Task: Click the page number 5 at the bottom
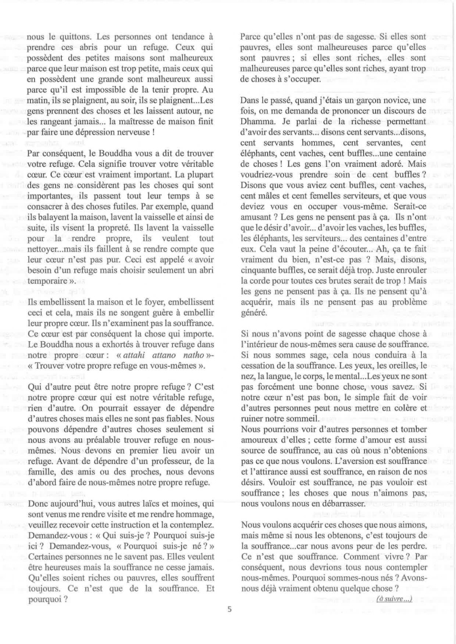pyautogui.click(x=229, y=609)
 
